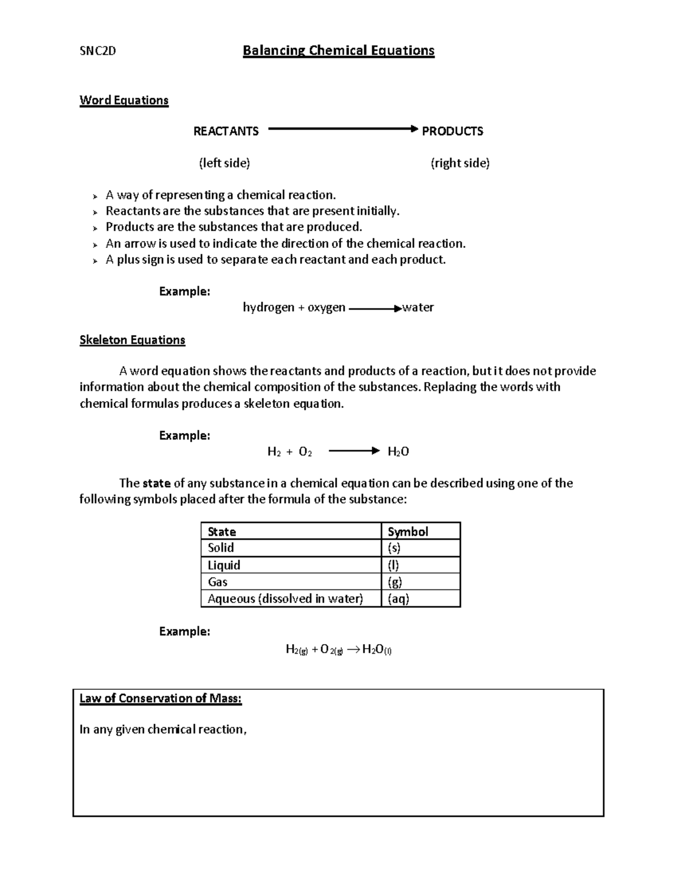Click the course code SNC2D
(x=98, y=51)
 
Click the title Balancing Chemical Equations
(x=338, y=51)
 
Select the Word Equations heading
(x=124, y=100)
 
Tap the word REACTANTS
(x=226, y=131)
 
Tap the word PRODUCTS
(x=452, y=131)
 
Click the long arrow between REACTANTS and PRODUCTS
(x=342, y=129)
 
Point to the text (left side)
(x=224, y=163)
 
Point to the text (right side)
(x=460, y=163)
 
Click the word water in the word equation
(x=417, y=307)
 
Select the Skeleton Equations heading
(x=132, y=340)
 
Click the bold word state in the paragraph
(x=156, y=483)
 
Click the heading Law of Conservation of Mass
(x=160, y=698)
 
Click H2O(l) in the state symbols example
(x=377, y=649)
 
